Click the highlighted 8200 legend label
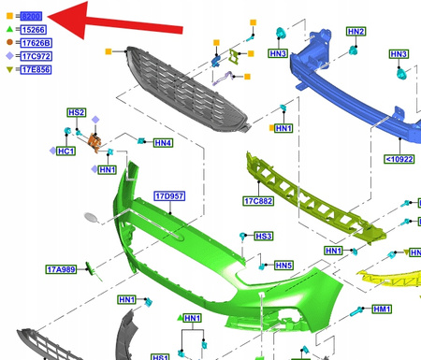click(x=31, y=16)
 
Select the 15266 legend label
click(x=34, y=29)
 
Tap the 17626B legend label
click(x=36, y=42)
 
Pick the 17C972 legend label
click(x=36, y=55)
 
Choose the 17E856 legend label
click(x=36, y=68)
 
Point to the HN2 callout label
click(x=356, y=32)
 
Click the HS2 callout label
click(x=77, y=113)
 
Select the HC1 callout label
click(x=65, y=151)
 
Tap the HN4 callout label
click(x=163, y=143)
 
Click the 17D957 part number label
click(x=169, y=196)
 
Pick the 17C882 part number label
click(x=257, y=200)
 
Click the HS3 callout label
click(x=264, y=237)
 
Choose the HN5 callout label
click(x=283, y=266)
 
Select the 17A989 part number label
click(x=61, y=269)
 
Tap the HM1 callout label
click(x=382, y=309)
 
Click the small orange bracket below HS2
click(x=94, y=142)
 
